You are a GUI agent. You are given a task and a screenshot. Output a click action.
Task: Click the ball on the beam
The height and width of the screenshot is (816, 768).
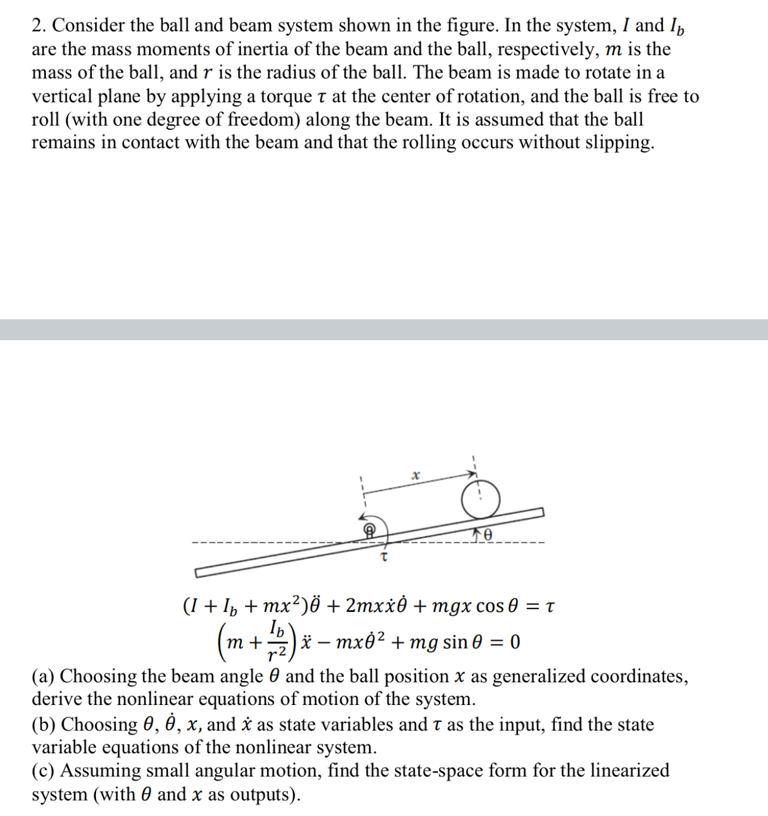(481, 499)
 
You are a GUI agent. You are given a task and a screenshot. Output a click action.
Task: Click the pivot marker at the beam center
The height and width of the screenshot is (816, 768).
(369, 530)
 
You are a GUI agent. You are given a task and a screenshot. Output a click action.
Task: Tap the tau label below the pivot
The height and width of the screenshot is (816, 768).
(383, 557)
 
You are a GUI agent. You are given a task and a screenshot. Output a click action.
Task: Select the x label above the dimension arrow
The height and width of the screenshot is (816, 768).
(415, 475)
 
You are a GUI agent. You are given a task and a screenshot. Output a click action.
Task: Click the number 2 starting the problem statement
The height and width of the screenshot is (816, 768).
(38, 26)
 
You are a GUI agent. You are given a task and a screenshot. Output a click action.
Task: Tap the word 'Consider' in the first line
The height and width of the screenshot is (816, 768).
(88, 26)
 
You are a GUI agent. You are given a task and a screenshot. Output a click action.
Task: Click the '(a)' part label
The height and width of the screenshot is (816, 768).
(43, 676)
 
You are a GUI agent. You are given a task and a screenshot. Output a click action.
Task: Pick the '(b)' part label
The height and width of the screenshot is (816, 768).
(44, 725)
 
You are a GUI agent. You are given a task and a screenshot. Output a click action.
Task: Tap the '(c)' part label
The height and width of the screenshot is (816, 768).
(43, 771)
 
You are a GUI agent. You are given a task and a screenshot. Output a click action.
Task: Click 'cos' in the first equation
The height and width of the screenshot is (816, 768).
(490, 606)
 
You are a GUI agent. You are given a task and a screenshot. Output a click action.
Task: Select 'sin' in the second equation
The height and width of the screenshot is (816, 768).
(455, 642)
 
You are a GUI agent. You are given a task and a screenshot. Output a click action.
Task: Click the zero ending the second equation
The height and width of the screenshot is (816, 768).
(515, 642)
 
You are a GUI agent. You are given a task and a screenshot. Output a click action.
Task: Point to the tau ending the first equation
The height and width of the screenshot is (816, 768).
(550, 607)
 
